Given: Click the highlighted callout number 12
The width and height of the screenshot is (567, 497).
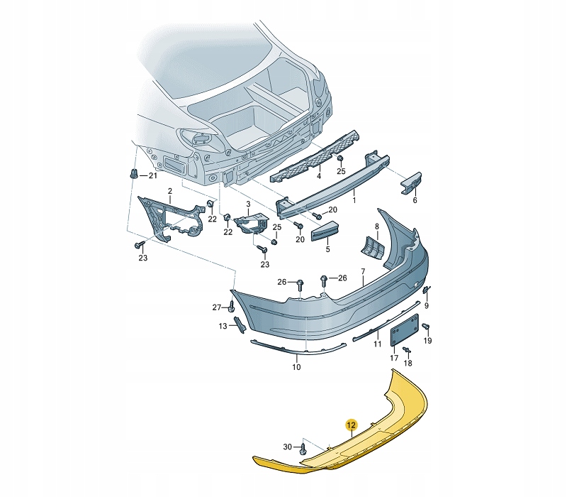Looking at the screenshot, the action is [352, 425].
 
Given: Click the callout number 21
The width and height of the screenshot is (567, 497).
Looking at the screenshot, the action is [153, 175].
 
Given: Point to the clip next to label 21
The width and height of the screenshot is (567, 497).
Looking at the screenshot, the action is [134, 174].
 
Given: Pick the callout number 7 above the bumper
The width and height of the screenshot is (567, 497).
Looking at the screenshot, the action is [363, 271].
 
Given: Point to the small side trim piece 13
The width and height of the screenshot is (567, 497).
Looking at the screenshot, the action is [240, 324].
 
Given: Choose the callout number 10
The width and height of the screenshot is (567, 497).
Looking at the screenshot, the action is [296, 367].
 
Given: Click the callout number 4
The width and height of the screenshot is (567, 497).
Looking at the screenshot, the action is [318, 176].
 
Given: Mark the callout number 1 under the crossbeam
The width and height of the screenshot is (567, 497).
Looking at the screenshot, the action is [354, 200].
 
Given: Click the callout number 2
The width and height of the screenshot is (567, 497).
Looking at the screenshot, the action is [170, 191].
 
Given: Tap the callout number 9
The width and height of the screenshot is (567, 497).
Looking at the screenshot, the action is [427, 306].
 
